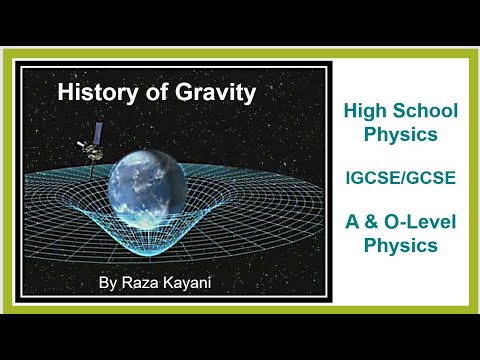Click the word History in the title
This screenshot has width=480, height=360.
coord(95,93)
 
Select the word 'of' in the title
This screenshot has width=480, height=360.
coord(150,93)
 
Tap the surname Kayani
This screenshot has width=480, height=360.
coord(191,283)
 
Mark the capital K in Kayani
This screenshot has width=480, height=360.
coord(170,283)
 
